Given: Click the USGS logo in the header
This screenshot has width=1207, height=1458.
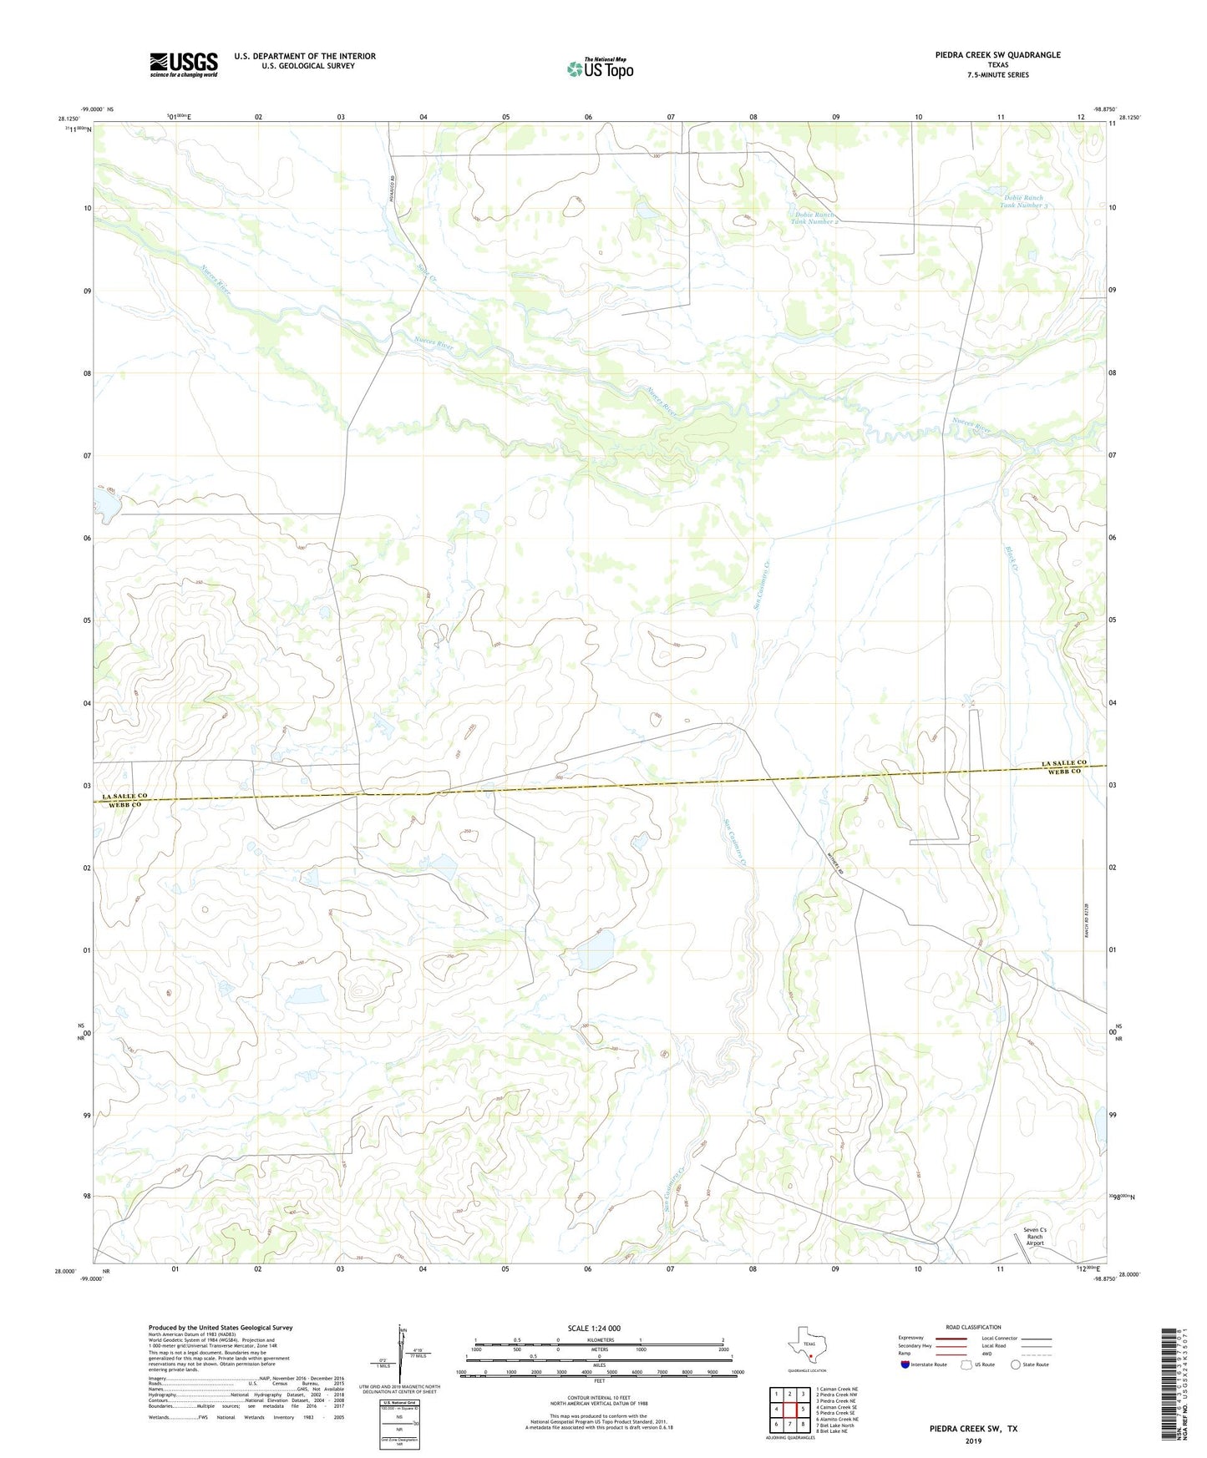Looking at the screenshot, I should click(x=184, y=64).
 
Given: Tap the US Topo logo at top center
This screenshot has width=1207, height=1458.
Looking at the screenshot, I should click(x=599, y=68).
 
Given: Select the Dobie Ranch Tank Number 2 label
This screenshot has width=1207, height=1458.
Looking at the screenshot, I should click(x=814, y=219).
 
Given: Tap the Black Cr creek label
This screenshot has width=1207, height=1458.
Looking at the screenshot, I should click(x=1012, y=558).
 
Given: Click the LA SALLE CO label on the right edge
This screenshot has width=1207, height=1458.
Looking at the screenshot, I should click(x=1063, y=763).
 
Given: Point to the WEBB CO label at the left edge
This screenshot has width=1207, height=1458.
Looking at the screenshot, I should click(x=124, y=805).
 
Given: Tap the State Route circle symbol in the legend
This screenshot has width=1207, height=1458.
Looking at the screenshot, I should click(x=1016, y=1364).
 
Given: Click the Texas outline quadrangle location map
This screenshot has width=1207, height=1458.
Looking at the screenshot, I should click(x=806, y=1347).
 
